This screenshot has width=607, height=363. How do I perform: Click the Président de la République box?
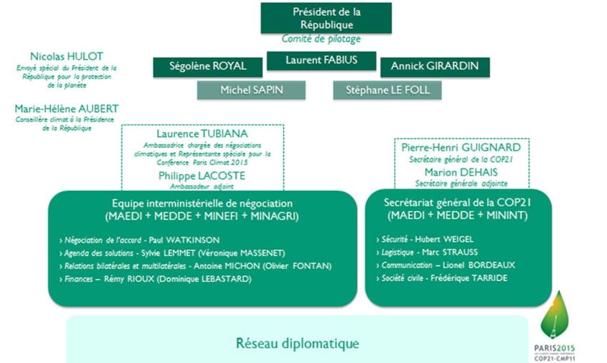tap(326, 18)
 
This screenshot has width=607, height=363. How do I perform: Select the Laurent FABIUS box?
tap(321, 61)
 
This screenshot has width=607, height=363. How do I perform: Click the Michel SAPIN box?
tap(251, 90)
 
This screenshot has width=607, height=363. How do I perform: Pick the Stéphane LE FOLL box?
tap(386, 90)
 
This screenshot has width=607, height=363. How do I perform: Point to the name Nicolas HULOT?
tap(66, 56)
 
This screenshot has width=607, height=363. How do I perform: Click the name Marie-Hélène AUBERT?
tap(66, 108)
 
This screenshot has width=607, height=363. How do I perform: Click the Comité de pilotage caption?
tap(321, 39)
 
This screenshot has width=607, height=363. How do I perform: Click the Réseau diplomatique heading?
tap(297, 344)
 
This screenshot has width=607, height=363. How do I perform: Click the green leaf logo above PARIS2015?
tap(557, 315)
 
